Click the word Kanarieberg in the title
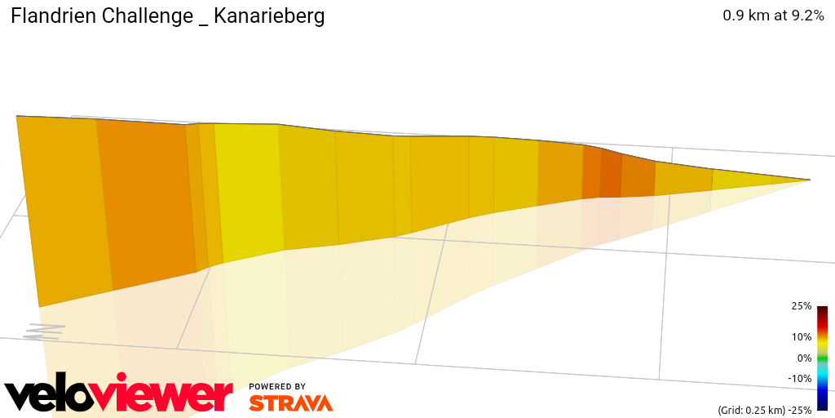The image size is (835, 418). click(x=269, y=16)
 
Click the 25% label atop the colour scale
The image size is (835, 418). click(x=801, y=306)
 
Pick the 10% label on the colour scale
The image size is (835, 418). click(x=801, y=336)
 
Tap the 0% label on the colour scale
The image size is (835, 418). click(x=804, y=358)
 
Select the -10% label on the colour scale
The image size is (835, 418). click(x=799, y=378)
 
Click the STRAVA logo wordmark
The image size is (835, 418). click(x=290, y=402)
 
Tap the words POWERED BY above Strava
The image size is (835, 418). click(x=277, y=386)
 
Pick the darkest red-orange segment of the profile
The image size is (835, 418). click(x=611, y=174)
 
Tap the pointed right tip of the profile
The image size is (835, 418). click(x=809, y=180)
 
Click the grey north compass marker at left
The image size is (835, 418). click(x=44, y=331)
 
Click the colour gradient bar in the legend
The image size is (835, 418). click(x=822, y=358)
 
